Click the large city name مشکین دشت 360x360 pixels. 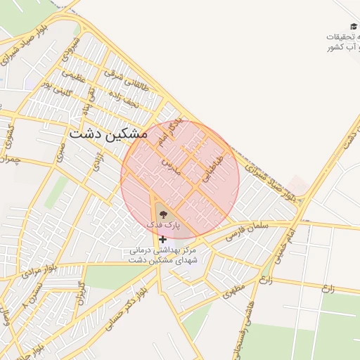108,134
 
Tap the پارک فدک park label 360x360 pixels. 163,224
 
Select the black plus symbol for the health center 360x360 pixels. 163,240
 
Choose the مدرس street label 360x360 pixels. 172,167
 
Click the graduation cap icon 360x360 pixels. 354,26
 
